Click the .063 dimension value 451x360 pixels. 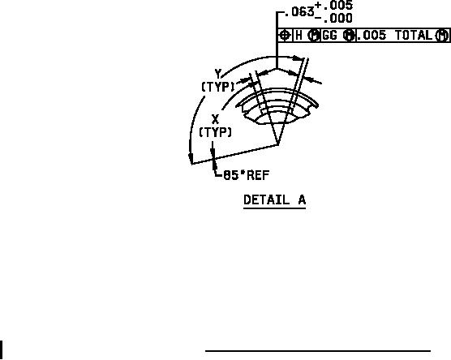tap(299, 12)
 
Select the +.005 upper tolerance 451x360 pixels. tap(333, 5)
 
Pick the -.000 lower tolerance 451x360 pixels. tap(333, 19)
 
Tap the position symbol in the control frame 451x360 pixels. tap(285, 36)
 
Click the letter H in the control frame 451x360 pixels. tap(299, 36)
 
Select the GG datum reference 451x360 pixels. tap(330, 36)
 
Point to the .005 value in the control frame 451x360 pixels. tap(372, 36)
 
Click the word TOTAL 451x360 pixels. tap(414, 36)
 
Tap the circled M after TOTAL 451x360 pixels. tap(442, 36)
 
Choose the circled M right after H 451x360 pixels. tap(314, 36)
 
